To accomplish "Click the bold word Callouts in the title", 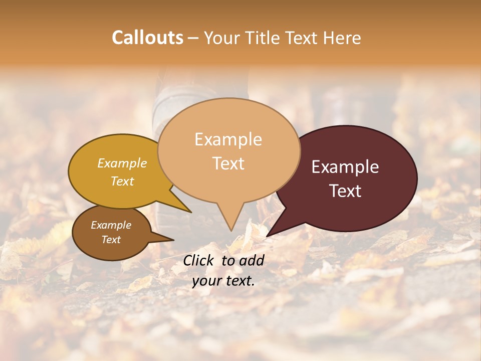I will tap(147, 38).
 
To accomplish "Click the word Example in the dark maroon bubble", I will tap(345, 167).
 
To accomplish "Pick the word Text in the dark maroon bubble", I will tap(345, 191).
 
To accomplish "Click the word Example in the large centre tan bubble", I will tap(228, 139).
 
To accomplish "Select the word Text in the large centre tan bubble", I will tap(228, 163).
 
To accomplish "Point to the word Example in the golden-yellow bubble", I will tap(122, 163).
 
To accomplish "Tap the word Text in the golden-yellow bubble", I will tap(122, 182).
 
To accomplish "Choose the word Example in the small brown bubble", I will tap(111, 225).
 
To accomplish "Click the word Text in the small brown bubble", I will tap(111, 240).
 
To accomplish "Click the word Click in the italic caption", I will tap(200, 260).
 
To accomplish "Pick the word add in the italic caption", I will tap(252, 260).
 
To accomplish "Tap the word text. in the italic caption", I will tap(238, 281).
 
